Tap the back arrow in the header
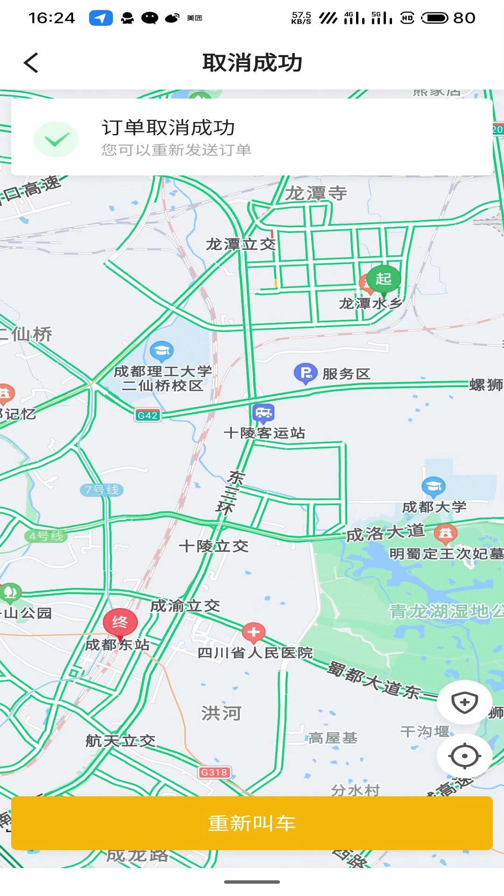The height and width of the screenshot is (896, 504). (x=31, y=63)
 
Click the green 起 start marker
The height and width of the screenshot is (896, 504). (x=384, y=279)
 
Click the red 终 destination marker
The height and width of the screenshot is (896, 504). (x=120, y=622)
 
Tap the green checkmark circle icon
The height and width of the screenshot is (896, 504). (x=56, y=139)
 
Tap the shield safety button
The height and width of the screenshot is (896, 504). (x=464, y=702)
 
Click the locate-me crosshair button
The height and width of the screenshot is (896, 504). (x=464, y=756)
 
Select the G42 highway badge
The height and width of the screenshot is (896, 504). (x=147, y=415)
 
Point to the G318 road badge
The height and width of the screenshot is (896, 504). (x=214, y=772)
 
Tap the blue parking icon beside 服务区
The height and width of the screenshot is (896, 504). (x=306, y=373)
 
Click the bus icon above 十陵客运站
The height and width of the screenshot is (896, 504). (x=263, y=413)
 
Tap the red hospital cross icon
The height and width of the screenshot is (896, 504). (x=253, y=632)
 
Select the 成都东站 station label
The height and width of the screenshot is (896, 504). (x=118, y=645)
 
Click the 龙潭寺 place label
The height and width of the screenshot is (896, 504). (x=316, y=193)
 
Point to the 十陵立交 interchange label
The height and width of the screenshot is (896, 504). (x=214, y=546)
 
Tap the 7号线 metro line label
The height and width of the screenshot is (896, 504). (x=102, y=490)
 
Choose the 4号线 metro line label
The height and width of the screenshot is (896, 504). (x=46, y=536)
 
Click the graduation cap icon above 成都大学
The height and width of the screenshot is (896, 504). (x=434, y=486)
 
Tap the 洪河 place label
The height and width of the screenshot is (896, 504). (x=221, y=713)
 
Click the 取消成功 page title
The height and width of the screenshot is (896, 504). (x=252, y=63)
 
